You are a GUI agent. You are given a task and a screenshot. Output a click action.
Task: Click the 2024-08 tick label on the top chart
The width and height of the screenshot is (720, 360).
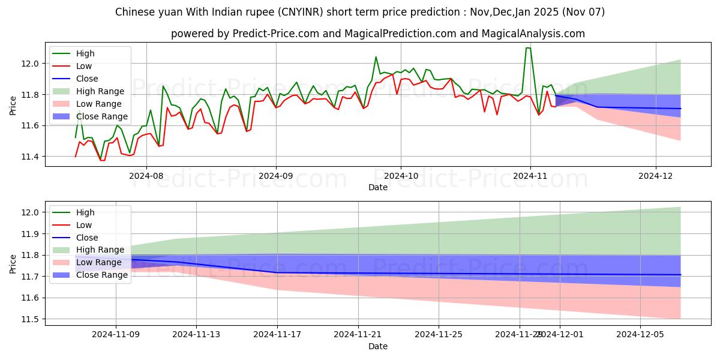[x=146, y=176]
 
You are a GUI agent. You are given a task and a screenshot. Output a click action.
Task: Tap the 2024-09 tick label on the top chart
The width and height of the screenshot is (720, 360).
[x=276, y=176]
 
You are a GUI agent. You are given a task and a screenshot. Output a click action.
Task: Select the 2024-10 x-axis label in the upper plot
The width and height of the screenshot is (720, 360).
[x=401, y=176]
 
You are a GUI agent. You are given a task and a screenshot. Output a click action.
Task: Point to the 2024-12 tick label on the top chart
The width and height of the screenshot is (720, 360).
[x=655, y=176]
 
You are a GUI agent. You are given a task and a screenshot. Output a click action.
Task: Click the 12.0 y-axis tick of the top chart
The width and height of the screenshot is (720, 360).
[x=31, y=64]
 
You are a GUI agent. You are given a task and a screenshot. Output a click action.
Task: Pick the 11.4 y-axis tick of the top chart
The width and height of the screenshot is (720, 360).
[x=31, y=157]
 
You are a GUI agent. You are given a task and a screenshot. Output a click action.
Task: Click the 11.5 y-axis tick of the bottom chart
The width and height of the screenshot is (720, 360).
[x=31, y=319]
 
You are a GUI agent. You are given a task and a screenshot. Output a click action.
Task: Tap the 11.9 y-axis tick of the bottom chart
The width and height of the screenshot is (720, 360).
[x=31, y=234]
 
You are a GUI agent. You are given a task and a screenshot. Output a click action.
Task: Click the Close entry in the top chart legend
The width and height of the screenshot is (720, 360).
[x=87, y=79]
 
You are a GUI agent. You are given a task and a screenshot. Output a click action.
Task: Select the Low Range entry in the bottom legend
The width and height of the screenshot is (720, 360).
[x=99, y=262]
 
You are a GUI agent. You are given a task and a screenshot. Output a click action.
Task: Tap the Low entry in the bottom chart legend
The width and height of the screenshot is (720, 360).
[x=85, y=224]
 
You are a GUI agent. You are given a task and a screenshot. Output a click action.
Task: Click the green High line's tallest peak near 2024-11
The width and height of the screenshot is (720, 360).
[x=528, y=48]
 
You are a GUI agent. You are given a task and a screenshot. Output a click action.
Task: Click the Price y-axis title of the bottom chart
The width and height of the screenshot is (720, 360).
[x=13, y=263]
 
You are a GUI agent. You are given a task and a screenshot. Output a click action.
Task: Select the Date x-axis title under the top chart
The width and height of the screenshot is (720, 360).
[x=378, y=187]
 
